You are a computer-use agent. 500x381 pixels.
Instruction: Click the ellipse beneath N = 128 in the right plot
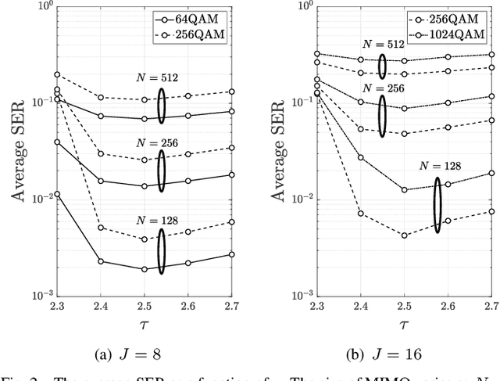[x=437, y=205]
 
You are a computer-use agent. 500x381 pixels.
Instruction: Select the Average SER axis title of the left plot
[x=17, y=152]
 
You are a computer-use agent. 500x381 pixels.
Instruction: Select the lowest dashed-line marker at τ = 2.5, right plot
[x=404, y=235]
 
